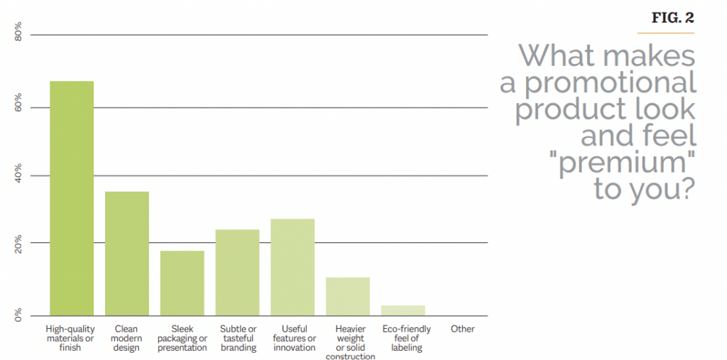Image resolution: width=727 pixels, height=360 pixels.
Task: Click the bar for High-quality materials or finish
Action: pyautogui.click(x=72, y=199)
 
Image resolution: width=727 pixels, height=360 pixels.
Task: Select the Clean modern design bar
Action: pyautogui.click(x=127, y=253)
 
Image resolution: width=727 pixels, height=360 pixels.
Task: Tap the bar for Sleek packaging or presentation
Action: pyautogui.click(x=182, y=283)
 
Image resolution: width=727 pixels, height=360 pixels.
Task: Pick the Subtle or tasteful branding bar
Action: pyautogui.click(x=237, y=273)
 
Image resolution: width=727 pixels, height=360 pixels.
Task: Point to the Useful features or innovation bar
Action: pyautogui.click(x=293, y=267)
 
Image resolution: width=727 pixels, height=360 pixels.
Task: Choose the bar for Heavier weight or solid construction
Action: pyautogui.click(x=348, y=296)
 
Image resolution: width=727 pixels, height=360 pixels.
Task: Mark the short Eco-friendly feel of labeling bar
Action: pyautogui.click(x=403, y=310)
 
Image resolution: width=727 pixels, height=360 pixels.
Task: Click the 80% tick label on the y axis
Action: pyautogui.click(x=19, y=34)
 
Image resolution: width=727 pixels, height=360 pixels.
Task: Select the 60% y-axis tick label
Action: pyautogui.click(x=19, y=102)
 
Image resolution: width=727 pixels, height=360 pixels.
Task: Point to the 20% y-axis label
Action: pyautogui.click(x=19, y=243)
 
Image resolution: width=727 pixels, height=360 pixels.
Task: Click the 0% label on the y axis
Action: pyautogui.click(x=19, y=313)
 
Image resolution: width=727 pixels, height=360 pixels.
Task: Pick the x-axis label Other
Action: pyautogui.click(x=463, y=329)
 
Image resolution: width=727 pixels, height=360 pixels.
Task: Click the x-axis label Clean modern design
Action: pyautogui.click(x=127, y=338)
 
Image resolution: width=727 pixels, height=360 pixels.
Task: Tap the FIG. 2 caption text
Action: pyautogui.click(x=672, y=18)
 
